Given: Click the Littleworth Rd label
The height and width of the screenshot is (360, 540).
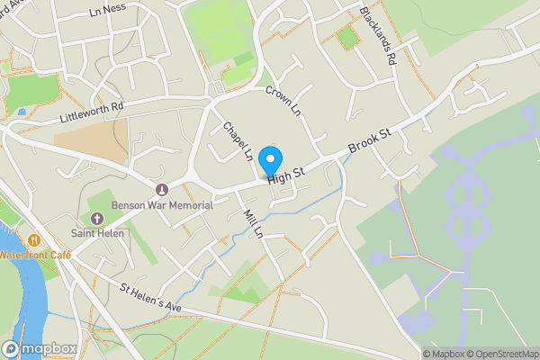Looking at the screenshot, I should pos(90,114).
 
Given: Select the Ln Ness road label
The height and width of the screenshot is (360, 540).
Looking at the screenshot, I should pos(107,13).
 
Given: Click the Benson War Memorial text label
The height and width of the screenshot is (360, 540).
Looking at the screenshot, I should pos(162,204).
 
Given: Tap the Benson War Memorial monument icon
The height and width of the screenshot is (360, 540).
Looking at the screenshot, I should pos(162,190).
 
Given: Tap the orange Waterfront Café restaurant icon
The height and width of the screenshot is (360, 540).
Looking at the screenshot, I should pos(34,240).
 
